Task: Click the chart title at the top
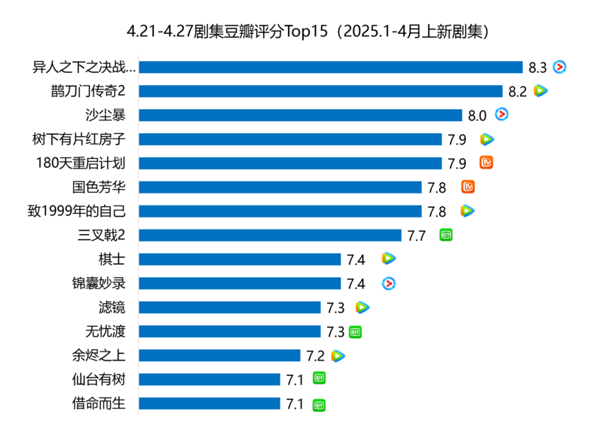pyautogui.click(x=301, y=32)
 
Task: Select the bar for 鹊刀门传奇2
pyautogui.click(x=320, y=91)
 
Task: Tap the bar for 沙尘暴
pyautogui.click(x=300, y=115)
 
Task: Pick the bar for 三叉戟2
pyautogui.click(x=270, y=236)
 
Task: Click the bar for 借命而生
pyautogui.click(x=210, y=403)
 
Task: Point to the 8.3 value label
pyautogui.click(x=537, y=68)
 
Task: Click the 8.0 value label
pyautogui.click(x=476, y=116)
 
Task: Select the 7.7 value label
pyautogui.click(x=416, y=236)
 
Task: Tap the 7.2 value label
pyautogui.click(x=315, y=356)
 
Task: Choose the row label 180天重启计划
pyautogui.click(x=81, y=163)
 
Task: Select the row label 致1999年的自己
pyautogui.click(x=76, y=211)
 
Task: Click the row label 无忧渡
pyautogui.click(x=106, y=331)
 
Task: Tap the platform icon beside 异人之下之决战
pyautogui.click(x=559, y=67)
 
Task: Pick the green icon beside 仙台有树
pyautogui.click(x=320, y=379)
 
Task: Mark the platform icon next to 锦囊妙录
pyautogui.click(x=389, y=283)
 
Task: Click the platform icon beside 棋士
pyautogui.click(x=388, y=259)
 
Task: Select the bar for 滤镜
pyautogui.click(x=230, y=307)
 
